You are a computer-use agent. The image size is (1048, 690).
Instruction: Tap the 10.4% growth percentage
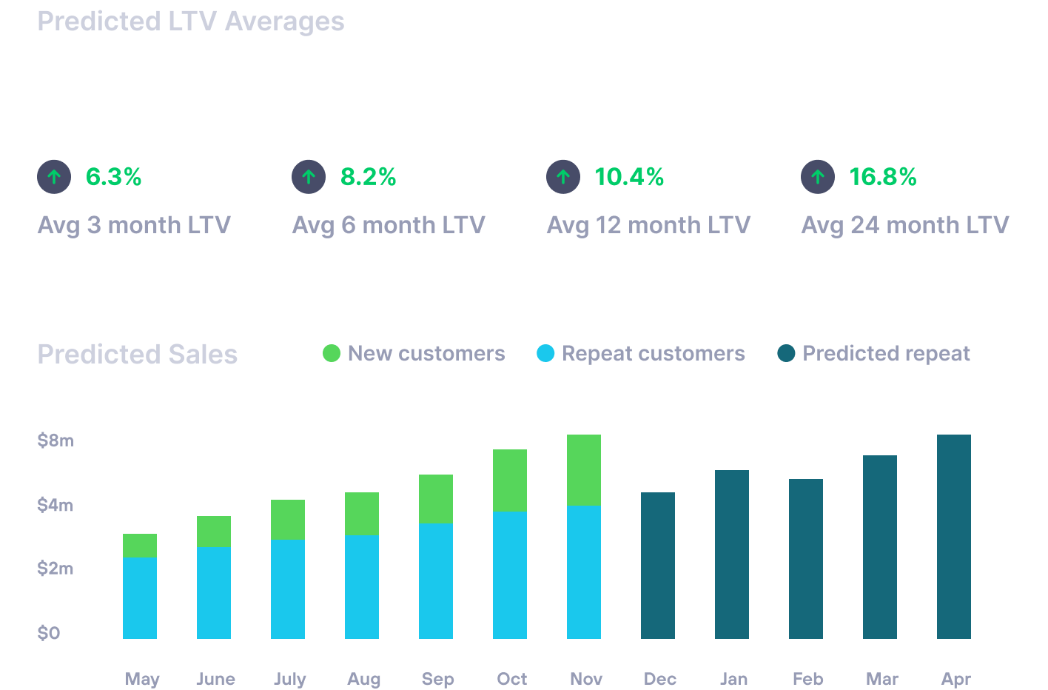click(629, 177)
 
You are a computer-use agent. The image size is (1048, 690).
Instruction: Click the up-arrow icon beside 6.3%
click(54, 177)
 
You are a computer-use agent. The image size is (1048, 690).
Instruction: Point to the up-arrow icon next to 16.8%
click(818, 177)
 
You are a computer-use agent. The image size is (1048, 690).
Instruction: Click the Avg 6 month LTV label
click(389, 225)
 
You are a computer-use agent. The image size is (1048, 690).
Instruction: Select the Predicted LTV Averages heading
click(191, 21)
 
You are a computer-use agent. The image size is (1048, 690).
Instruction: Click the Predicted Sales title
click(138, 355)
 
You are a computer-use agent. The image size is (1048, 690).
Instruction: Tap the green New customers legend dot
click(332, 354)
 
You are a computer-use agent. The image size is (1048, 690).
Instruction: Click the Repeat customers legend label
click(654, 354)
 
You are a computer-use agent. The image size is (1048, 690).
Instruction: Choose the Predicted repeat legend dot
click(786, 354)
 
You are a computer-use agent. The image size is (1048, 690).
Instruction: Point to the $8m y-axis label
click(56, 441)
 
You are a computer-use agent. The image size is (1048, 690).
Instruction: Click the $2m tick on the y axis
click(56, 569)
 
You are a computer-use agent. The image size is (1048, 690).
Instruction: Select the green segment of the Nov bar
click(584, 470)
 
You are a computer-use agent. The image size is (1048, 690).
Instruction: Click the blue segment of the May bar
click(140, 597)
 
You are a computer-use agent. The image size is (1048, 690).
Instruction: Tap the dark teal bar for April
click(954, 537)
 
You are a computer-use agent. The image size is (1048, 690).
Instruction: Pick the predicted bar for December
click(658, 566)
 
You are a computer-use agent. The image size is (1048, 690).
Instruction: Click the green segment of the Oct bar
click(510, 480)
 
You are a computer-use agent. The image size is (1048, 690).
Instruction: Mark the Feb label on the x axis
click(807, 679)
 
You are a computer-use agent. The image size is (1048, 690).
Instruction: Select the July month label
click(289, 679)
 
